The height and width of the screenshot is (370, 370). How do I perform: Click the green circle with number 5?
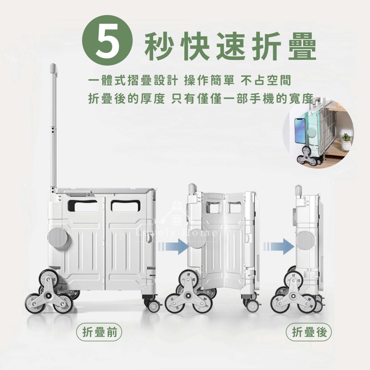pyautogui.click(x=107, y=40)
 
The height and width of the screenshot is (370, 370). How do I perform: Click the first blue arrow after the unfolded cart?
pyautogui.click(x=174, y=246)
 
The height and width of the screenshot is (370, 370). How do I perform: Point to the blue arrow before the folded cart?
pyautogui.click(x=279, y=246)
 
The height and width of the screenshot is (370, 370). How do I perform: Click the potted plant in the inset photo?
pyautogui.click(x=346, y=142)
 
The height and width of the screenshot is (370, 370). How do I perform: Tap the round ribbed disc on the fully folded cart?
pyautogui.click(x=305, y=241)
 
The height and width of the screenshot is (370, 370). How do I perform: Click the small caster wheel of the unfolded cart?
pyautogui.click(x=154, y=306)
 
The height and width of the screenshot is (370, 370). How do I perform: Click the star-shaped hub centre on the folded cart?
pyautogui.click(x=294, y=296)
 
